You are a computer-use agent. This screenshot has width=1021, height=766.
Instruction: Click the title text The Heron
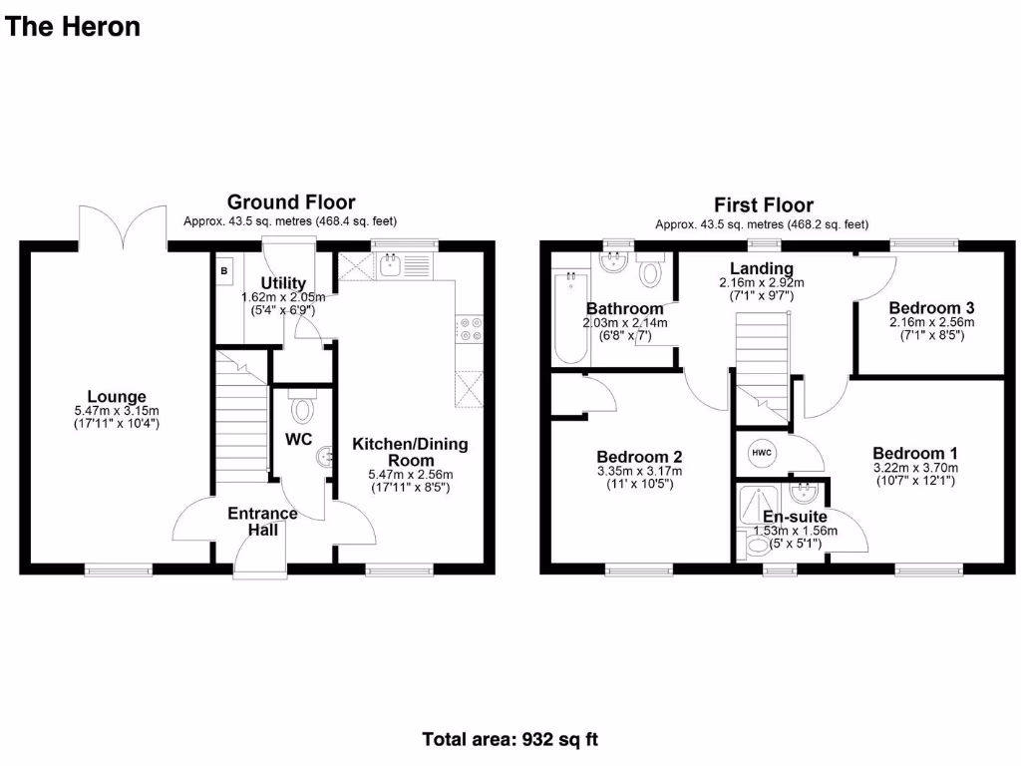(x=73, y=27)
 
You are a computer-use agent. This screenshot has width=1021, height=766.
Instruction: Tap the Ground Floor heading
(x=290, y=202)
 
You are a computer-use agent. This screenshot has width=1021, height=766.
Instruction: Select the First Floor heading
(x=764, y=205)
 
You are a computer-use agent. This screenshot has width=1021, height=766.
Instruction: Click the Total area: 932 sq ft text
(x=510, y=740)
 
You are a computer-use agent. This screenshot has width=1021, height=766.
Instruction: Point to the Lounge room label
(x=117, y=396)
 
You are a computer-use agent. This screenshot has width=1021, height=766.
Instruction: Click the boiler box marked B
(x=223, y=270)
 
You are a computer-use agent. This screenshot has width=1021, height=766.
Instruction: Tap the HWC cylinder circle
(x=762, y=452)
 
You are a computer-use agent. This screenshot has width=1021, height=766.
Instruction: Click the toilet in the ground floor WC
(x=301, y=409)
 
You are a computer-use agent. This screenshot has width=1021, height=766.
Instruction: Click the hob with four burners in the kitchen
(x=469, y=330)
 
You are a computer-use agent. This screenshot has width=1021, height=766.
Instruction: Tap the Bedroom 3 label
(x=931, y=307)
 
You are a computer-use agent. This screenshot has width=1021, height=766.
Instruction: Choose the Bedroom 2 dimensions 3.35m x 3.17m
(x=638, y=472)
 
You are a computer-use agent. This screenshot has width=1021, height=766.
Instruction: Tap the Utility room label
(x=283, y=283)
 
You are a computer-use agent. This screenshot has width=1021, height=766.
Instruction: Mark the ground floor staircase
(x=238, y=419)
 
